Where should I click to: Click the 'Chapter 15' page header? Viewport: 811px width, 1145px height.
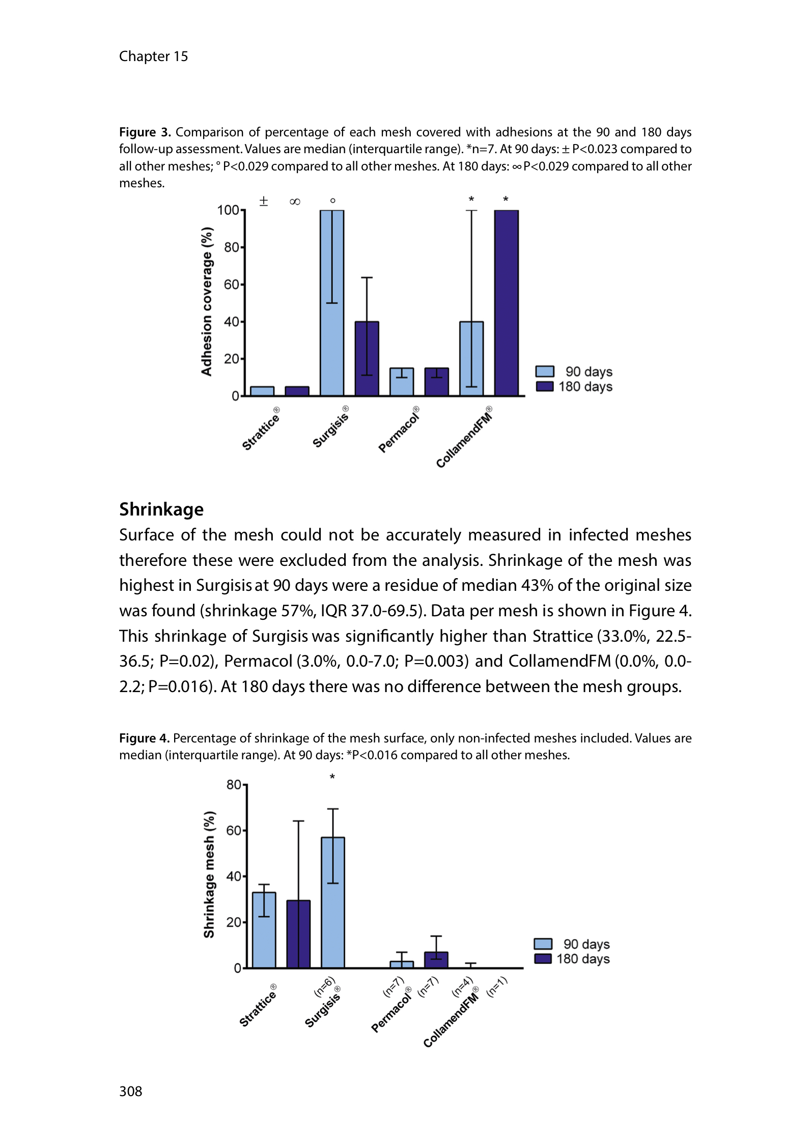tap(153, 56)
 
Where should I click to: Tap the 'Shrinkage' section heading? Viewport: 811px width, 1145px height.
tap(161, 509)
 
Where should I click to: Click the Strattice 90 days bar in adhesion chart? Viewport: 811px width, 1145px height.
tap(262, 391)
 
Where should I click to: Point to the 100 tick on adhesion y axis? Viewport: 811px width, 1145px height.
tap(228, 210)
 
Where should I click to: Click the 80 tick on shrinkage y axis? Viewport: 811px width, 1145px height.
tap(234, 785)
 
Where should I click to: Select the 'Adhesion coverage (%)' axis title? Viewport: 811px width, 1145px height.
tap(206, 301)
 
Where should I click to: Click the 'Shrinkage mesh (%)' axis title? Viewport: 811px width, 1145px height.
tap(209, 874)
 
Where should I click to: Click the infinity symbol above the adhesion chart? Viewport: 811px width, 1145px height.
tap(295, 202)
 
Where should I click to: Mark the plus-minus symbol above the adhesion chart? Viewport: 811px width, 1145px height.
tap(263, 201)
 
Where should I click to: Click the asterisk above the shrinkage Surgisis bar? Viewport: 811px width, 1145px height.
tap(332, 777)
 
